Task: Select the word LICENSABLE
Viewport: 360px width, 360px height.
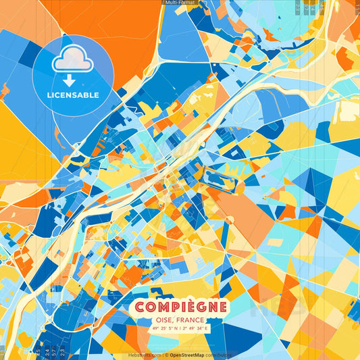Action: pos(72,95)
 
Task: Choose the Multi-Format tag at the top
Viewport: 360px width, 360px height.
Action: pos(180,3)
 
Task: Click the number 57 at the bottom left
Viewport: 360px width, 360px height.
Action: pos(53,352)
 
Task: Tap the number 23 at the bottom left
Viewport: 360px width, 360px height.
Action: pos(62,352)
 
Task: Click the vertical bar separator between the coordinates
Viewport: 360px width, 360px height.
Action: pos(180,329)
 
